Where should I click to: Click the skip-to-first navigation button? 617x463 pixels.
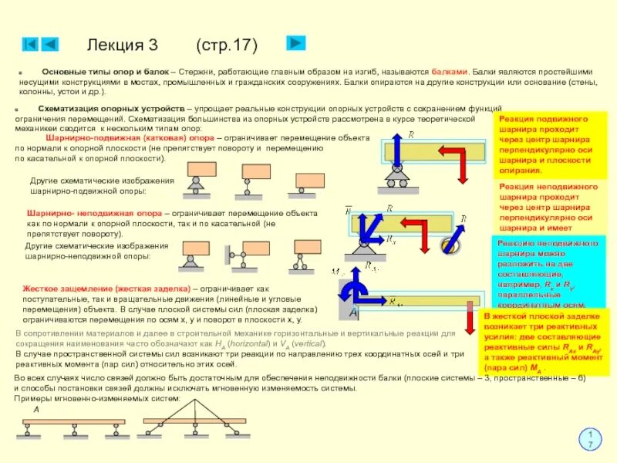tap(30, 44)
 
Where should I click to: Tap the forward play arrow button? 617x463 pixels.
tap(297, 43)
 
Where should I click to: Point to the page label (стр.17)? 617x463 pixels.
tap(227, 45)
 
